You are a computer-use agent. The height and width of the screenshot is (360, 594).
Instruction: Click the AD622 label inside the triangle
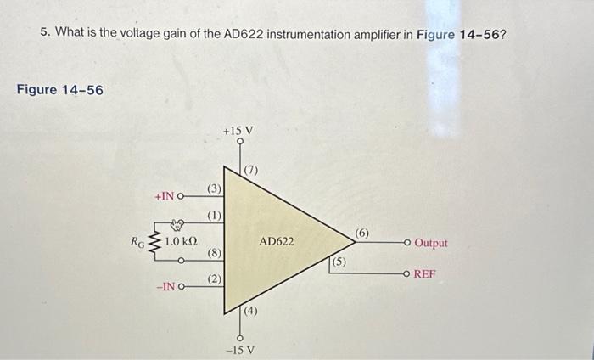277,242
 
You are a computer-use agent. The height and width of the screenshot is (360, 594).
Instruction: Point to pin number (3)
215,188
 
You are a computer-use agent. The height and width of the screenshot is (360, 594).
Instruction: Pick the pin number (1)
215,215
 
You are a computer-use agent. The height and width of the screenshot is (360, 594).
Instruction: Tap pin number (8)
215,253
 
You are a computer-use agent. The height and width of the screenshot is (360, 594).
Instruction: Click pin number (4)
252,312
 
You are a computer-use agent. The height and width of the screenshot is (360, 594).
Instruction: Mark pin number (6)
361,233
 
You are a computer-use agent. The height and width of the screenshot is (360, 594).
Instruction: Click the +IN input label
165,196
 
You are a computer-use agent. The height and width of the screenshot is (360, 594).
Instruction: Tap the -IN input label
165,286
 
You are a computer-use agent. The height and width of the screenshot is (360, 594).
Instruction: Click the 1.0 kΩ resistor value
182,241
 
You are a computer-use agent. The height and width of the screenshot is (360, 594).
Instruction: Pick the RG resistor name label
137,241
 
